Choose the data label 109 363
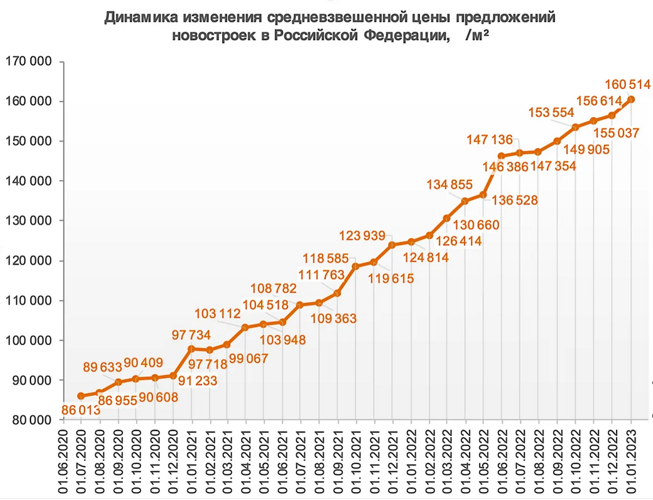click(x=334, y=318)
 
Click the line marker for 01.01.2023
click(x=631, y=99)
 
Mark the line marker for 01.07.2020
click(x=81, y=396)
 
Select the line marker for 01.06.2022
click(x=501, y=156)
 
